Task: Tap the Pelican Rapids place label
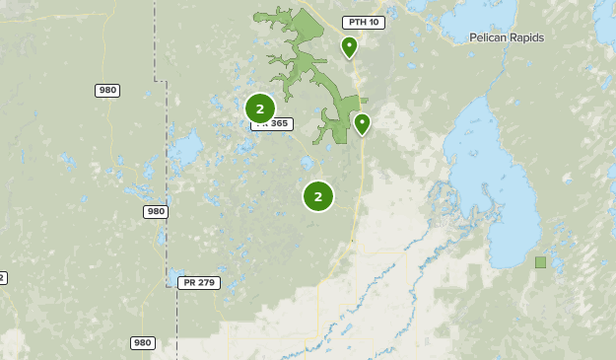(507, 37)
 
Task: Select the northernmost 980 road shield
(107, 91)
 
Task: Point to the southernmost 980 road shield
(142, 343)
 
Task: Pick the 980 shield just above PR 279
(155, 211)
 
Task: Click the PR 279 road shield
(199, 283)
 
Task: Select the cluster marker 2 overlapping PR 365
(259, 108)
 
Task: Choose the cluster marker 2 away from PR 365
(317, 196)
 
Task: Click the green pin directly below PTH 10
(349, 46)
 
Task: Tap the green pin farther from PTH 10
(362, 123)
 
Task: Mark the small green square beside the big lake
(540, 262)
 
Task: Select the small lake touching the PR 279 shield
(176, 274)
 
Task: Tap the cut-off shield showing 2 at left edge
(3, 278)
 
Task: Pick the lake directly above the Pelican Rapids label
(513, 13)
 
